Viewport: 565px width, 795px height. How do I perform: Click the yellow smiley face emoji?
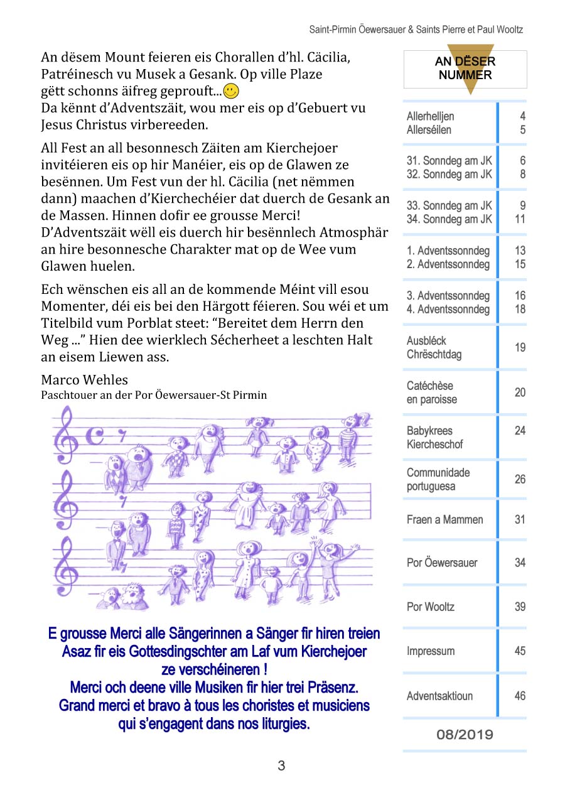point(231,91)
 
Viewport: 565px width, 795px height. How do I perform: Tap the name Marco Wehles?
point(84,380)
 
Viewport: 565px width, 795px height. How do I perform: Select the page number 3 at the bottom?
point(281,765)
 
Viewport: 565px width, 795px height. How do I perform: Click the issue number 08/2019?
point(465,734)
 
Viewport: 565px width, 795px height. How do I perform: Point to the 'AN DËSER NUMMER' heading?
point(465,68)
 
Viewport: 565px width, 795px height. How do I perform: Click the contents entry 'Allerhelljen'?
point(430,116)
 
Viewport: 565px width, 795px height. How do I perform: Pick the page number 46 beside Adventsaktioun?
point(520,696)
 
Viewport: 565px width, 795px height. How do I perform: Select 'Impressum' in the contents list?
point(430,651)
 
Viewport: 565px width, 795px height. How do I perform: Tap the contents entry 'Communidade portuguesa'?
point(438,479)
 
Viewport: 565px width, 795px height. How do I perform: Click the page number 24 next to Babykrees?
point(520,431)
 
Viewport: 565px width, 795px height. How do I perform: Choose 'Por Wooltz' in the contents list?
point(430,607)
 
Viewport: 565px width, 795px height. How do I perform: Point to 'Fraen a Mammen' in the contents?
point(444,519)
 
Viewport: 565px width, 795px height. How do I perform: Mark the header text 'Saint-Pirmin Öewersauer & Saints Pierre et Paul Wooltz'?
point(416,30)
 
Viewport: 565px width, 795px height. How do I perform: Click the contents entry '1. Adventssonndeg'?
point(448,251)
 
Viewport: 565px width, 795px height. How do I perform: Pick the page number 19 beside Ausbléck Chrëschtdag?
point(520,347)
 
